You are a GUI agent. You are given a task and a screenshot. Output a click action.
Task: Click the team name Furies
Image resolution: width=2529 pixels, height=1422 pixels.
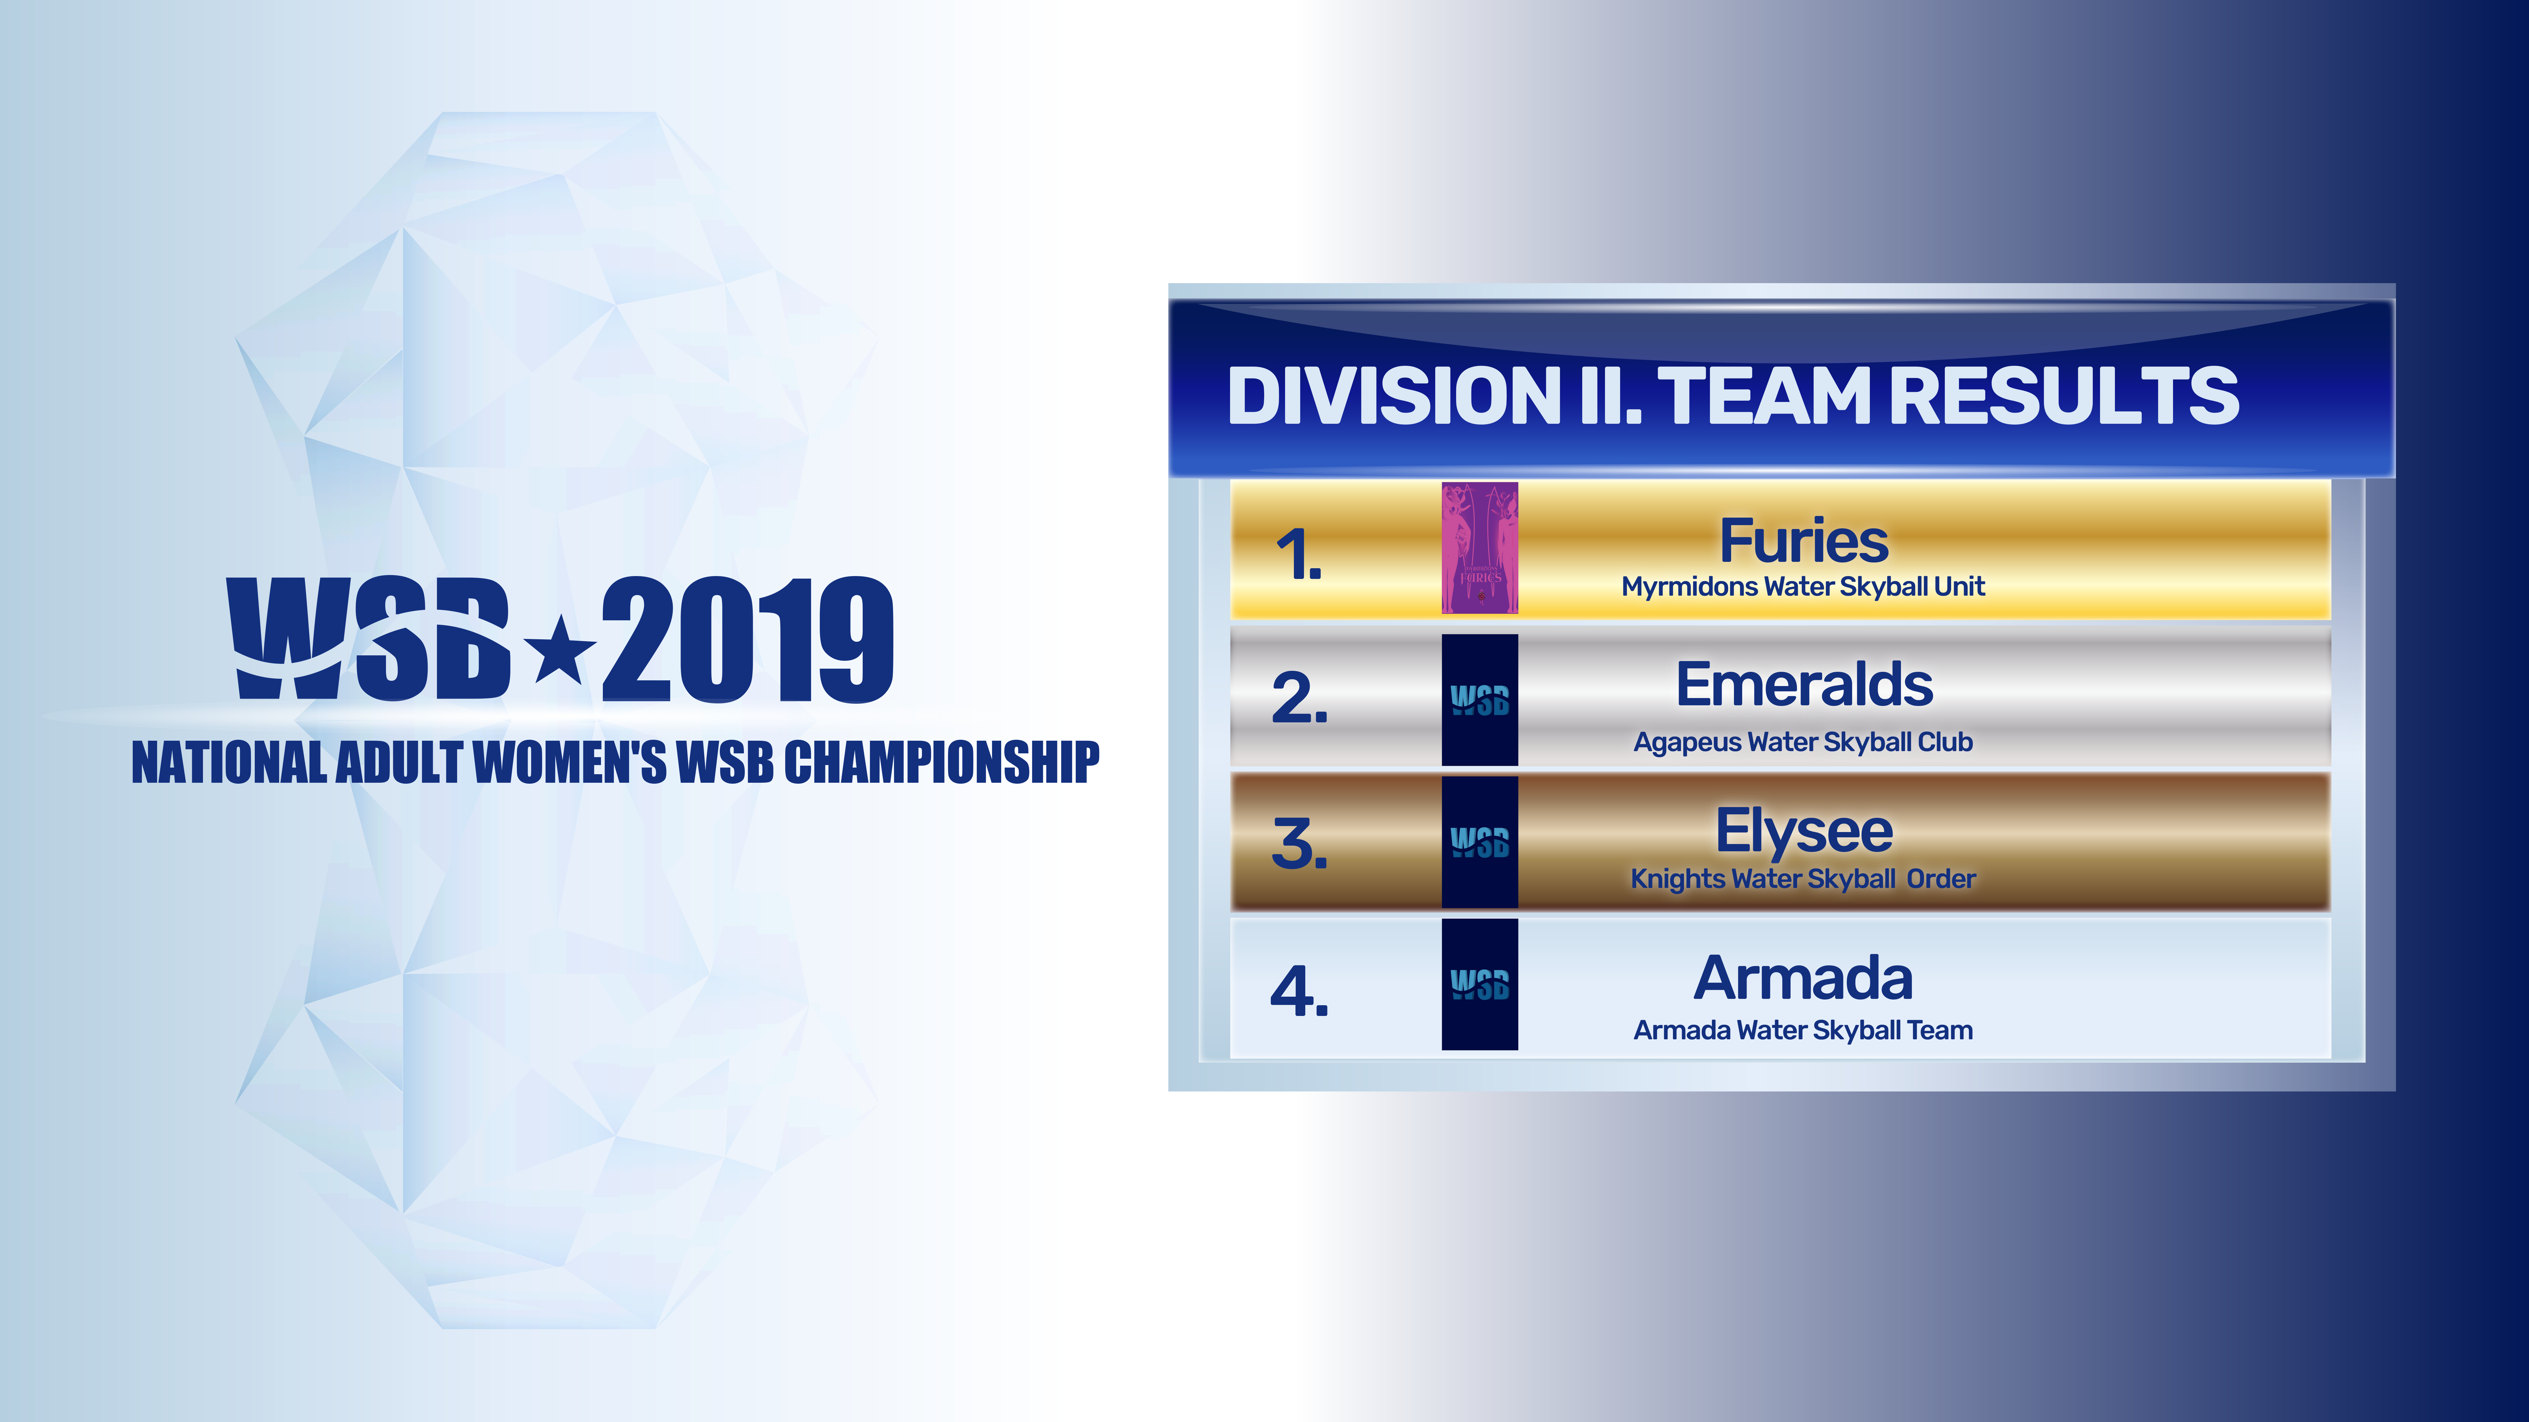pos(1803,541)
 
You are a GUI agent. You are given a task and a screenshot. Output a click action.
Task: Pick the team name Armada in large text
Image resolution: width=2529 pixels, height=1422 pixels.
pos(1803,978)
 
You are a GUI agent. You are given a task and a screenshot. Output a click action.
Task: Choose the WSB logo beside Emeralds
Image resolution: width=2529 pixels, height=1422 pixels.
pos(1479,700)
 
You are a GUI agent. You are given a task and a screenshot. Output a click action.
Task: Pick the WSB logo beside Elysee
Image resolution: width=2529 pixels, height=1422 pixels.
pos(1479,842)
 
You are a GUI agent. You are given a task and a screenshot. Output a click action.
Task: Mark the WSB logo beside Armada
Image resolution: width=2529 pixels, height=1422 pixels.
pos(1479,984)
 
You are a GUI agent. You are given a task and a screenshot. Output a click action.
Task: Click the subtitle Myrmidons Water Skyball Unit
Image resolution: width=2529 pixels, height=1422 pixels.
pos(1803,587)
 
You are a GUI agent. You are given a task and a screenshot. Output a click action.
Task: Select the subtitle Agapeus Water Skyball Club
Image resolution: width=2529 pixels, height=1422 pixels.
pos(1803,743)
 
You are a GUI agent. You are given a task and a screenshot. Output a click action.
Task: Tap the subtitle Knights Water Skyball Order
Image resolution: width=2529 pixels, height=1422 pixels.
pos(1803,879)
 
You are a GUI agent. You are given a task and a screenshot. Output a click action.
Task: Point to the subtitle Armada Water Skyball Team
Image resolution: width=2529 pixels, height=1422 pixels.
pos(1803,1030)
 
